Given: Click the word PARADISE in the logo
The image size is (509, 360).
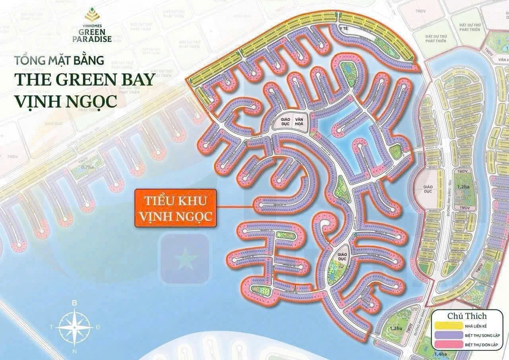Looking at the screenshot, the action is pyautogui.click(x=92, y=39).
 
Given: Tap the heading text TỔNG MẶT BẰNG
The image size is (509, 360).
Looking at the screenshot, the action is pyautogui.click(x=59, y=61).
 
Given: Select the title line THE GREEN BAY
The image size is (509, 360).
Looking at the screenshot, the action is pyautogui.click(x=84, y=79).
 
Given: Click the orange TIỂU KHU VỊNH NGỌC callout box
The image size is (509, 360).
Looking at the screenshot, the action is pyautogui.click(x=175, y=208).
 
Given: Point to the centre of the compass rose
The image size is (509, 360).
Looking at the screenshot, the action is pyautogui.click(x=74, y=327).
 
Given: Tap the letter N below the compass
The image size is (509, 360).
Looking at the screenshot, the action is pyautogui.click(x=74, y=352).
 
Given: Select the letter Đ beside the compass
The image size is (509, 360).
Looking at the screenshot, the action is pyautogui.click(x=98, y=327).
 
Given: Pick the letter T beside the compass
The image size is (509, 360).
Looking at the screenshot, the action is pyautogui.click(x=51, y=327).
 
